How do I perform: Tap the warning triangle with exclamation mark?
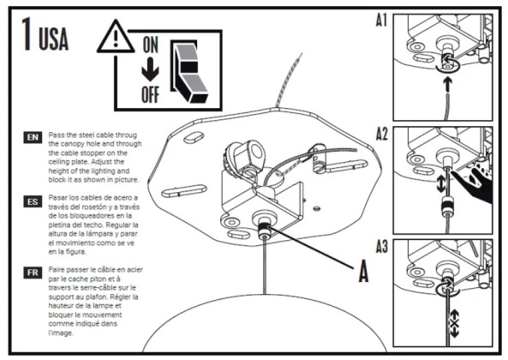click(113, 39)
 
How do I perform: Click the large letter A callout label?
click(364, 273)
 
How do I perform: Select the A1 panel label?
click(383, 18)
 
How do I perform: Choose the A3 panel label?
click(383, 249)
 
